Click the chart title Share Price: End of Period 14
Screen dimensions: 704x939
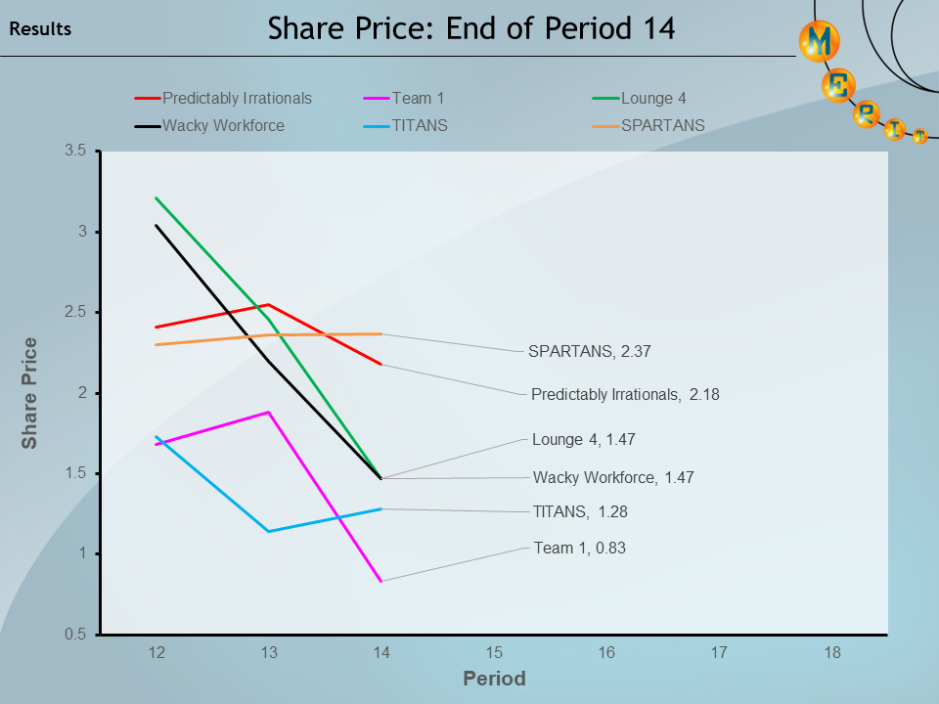(471, 28)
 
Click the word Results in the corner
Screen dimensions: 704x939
(40, 29)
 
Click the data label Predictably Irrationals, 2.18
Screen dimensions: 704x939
(625, 395)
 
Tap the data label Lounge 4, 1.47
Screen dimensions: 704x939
(584, 440)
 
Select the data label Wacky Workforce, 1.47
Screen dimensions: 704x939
(613, 478)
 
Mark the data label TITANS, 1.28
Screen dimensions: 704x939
(573, 511)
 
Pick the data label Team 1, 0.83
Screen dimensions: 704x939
(579, 549)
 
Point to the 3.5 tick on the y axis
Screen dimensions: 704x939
(75, 151)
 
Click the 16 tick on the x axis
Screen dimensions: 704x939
(607, 652)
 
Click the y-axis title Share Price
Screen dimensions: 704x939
(30, 393)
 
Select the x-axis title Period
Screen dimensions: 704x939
(494, 679)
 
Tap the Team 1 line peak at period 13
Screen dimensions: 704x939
(268, 413)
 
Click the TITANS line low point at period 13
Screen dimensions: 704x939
(268, 531)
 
